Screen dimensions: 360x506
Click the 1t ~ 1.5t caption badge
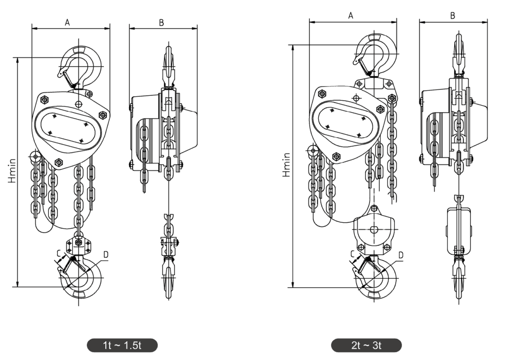[x=122, y=345]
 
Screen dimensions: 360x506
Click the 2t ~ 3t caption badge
[x=366, y=345]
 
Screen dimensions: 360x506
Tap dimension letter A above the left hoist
[x=67, y=22]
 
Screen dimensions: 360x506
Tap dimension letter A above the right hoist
[x=351, y=15]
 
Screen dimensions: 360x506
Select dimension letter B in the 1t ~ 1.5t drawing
[x=162, y=22]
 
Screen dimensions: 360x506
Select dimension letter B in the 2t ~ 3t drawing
[x=453, y=15]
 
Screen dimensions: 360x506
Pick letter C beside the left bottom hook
[x=59, y=254]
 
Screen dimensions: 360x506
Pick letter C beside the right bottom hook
[x=353, y=255]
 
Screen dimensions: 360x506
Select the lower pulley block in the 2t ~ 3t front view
[x=374, y=231]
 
